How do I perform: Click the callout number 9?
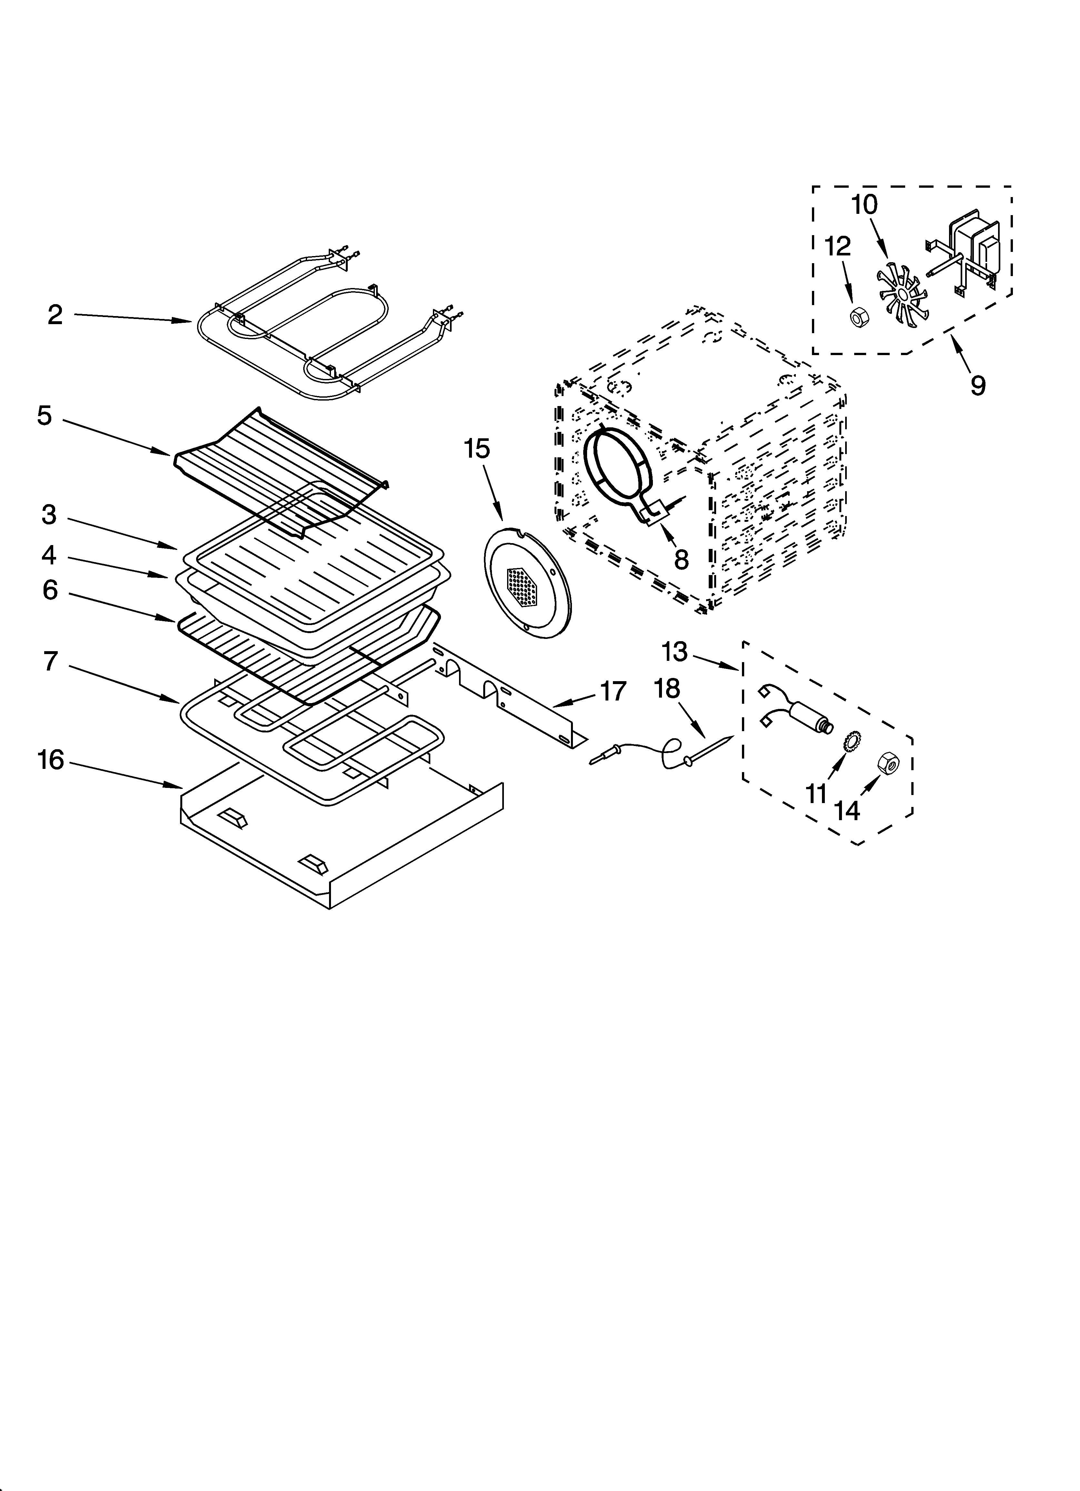(x=978, y=385)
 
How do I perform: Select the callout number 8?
(x=681, y=560)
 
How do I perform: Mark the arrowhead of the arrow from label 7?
(x=176, y=701)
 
